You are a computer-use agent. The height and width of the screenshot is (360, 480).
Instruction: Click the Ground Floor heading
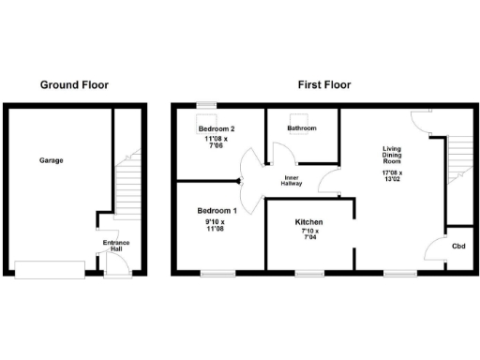pyautogui.click(x=74, y=84)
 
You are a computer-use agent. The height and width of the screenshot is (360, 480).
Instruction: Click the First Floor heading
pyautogui.click(x=324, y=84)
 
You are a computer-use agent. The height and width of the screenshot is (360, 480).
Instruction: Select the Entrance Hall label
pyautogui.click(x=115, y=246)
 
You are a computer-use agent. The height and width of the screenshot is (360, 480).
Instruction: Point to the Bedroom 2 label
pyautogui.click(x=216, y=128)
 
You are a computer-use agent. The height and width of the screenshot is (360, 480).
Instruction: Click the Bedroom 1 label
pyautogui.click(x=217, y=211)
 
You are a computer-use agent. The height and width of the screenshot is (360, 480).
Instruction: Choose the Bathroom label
pyautogui.click(x=302, y=128)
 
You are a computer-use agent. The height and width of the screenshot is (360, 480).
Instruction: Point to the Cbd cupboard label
pyautogui.click(x=458, y=246)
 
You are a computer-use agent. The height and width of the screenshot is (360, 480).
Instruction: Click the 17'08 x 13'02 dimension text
pyautogui.click(x=392, y=177)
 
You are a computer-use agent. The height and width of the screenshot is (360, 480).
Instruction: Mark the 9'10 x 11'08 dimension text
pyautogui.click(x=217, y=225)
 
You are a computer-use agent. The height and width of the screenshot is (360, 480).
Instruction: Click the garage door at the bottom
pyautogui.click(x=49, y=269)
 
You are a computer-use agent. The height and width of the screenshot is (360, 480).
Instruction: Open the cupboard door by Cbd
pyautogui.click(x=435, y=248)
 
